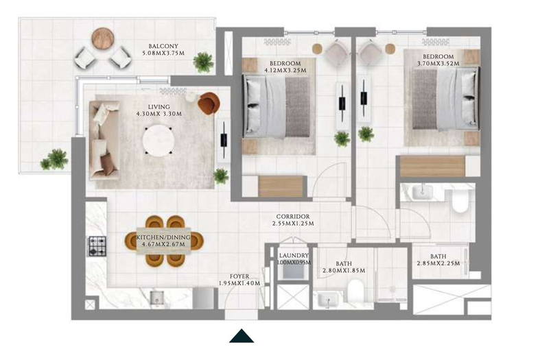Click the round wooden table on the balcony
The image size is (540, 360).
click(103, 38)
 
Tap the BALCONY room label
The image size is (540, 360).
click(163, 46)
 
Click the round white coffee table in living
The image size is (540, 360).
click(158, 141)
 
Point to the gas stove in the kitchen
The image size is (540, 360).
click(97, 246)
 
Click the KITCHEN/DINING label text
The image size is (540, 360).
click(163, 237)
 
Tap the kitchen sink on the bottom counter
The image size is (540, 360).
click(157, 299)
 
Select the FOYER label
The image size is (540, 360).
click(239, 276)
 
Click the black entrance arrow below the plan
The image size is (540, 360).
click(242, 336)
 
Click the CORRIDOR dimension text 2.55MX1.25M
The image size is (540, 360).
click(293, 224)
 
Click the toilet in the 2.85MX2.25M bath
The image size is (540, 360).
click(460, 203)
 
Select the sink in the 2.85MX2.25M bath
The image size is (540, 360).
click(422, 191)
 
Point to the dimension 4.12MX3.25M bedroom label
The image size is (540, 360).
click(285, 71)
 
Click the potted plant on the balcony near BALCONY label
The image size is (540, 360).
click(204, 62)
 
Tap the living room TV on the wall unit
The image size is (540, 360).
click(224, 139)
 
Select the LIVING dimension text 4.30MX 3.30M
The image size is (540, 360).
click(159, 114)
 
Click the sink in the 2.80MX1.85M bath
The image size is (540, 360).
click(327, 300)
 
